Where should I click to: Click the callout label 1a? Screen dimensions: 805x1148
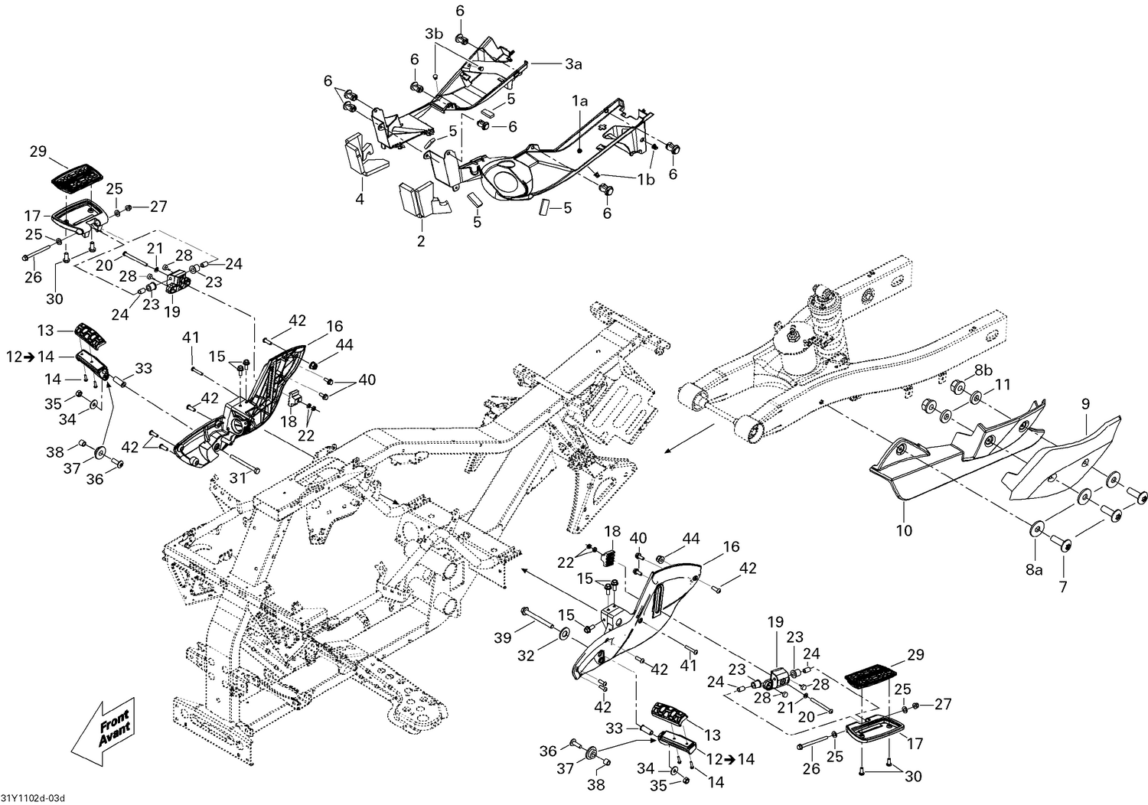(x=579, y=100)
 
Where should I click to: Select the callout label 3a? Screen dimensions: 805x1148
(x=573, y=65)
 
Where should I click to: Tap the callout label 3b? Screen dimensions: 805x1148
(x=434, y=34)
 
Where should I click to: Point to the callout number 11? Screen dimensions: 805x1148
(x=1003, y=383)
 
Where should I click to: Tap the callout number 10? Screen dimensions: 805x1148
(x=904, y=530)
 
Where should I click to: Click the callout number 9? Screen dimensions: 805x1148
(x=1084, y=401)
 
